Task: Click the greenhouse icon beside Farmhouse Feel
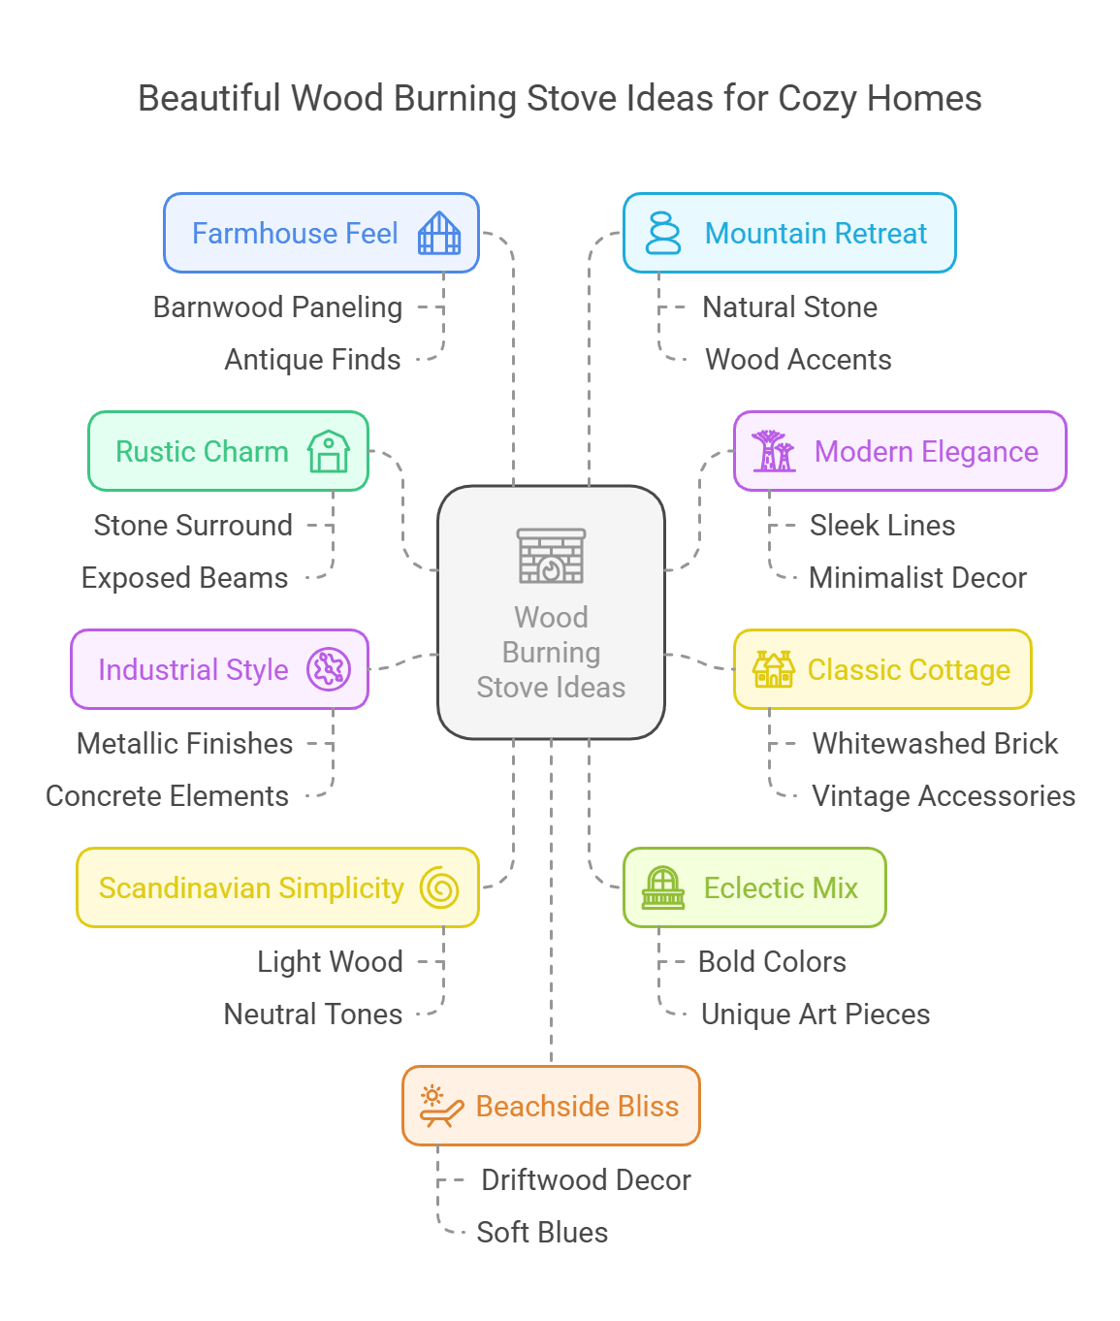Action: (439, 234)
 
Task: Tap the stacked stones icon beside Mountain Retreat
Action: (663, 234)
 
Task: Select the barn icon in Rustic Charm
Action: (329, 452)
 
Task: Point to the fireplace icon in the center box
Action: (551, 556)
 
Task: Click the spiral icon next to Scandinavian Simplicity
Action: (439, 888)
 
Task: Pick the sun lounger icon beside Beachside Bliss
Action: (440, 1107)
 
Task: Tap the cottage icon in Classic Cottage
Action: (774, 670)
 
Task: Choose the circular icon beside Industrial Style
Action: (329, 670)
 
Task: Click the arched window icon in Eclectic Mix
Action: (663, 888)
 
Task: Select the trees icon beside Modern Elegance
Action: (774, 452)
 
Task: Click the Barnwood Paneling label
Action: (277, 307)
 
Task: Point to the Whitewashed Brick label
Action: (935, 744)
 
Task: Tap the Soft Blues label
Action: (542, 1233)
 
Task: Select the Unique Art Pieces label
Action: (816, 1015)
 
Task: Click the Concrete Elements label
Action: (167, 796)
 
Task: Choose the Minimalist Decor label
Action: (917, 578)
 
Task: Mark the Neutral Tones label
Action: (312, 1015)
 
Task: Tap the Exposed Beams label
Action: (184, 578)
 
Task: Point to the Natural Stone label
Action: (789, 307)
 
